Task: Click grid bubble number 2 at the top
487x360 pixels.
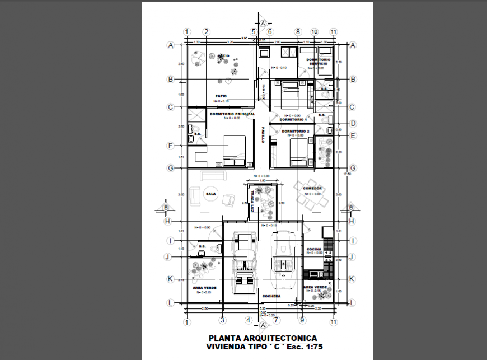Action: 206,32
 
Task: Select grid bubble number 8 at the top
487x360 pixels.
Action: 298,32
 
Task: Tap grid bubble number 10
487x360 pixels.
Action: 314,32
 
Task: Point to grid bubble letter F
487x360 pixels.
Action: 170,146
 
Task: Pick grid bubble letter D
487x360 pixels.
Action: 353,124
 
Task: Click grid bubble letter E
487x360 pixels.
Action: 353,135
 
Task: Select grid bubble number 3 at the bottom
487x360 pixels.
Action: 222,321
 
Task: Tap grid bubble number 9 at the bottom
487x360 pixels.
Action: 302,321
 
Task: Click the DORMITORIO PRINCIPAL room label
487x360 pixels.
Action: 232,114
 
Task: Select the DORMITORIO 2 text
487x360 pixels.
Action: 296,131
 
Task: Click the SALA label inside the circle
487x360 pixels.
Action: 211,194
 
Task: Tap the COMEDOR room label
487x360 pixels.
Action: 312,189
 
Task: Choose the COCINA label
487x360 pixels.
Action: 314,249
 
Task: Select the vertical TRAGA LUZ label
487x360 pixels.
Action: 252,201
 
